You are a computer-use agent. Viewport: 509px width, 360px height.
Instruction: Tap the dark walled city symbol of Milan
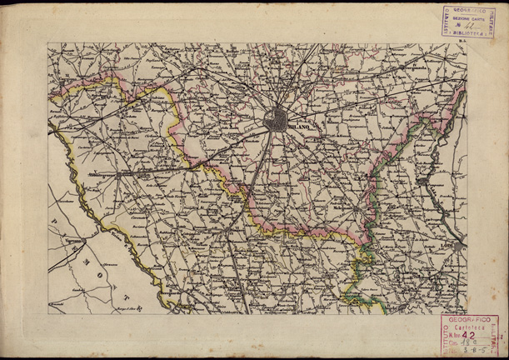tap(276, 120)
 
